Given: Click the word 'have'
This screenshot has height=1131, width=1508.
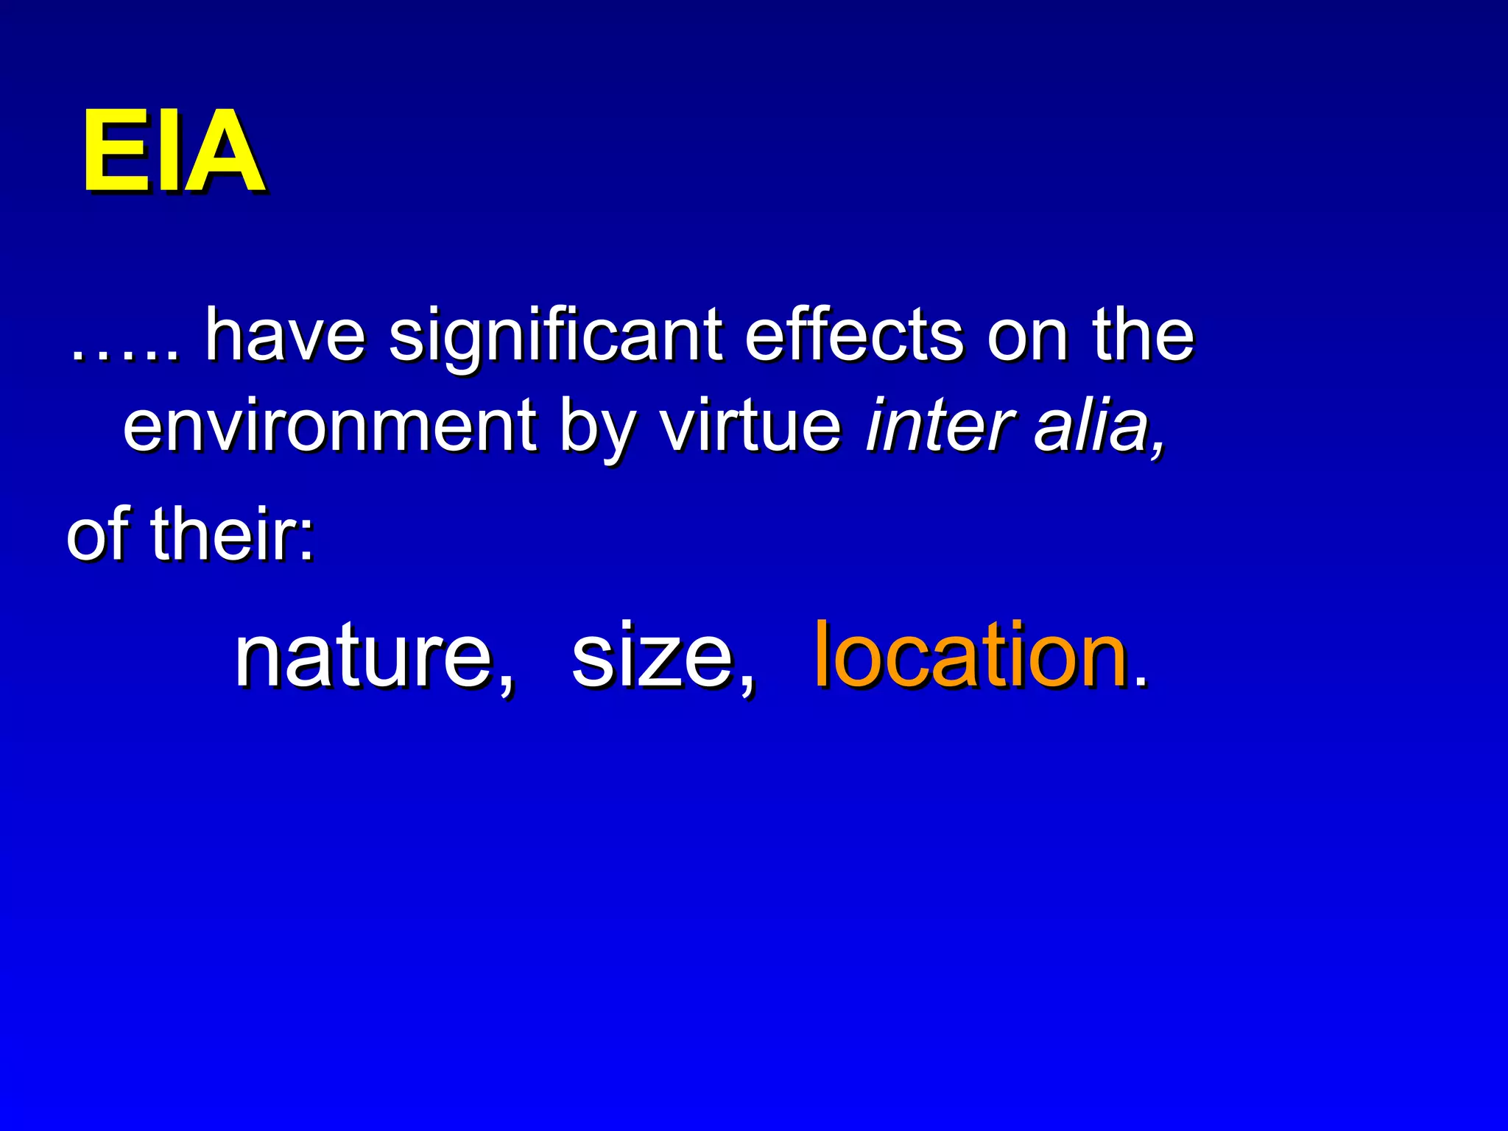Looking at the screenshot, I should pos(285,335).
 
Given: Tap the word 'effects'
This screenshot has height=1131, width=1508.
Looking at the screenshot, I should pos(853,335).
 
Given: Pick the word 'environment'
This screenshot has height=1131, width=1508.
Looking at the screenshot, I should pos(329,426).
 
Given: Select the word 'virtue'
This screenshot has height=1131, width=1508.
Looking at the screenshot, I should pos(750,426).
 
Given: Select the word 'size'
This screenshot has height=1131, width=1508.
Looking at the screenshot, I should pos(654,655).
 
